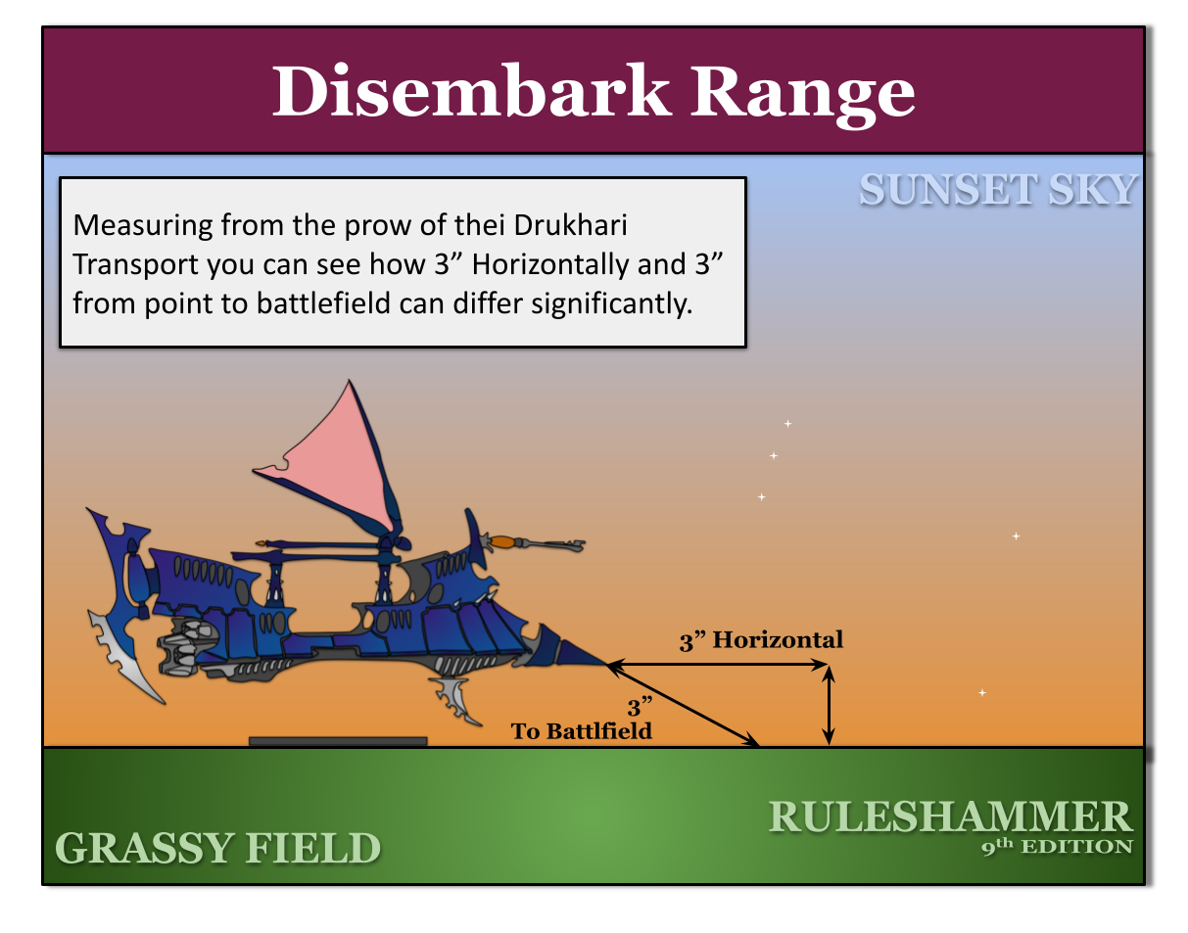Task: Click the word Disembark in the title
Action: (470, 91)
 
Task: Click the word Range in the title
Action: (802, 96)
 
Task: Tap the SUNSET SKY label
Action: (998, 190)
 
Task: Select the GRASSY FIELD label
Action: (217, 848)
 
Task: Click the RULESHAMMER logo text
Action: (950, 817)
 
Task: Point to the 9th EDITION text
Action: (1057, 846)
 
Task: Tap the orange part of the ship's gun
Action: (503, 541)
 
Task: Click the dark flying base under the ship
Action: (338, 741)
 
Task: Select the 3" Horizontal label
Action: (761, 640)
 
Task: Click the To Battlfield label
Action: (581, 731)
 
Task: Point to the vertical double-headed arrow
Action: (829, 705)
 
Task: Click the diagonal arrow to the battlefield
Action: (683, 704)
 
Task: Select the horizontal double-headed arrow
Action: (717, 664)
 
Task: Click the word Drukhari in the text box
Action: (570, 225)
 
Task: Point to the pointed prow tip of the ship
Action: (606, 663)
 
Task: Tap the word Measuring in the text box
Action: (142, 226)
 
